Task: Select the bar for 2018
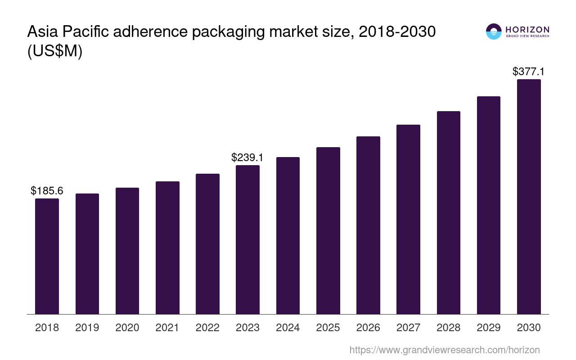click(47, 256)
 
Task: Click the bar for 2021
click(167, 247)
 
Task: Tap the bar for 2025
click(328, 230)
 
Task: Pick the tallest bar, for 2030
click(529, 197)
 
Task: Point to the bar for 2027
click(408, 219)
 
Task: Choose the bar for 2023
click(247, 239)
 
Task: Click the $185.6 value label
click(47, 191)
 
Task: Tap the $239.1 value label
click(247, 157)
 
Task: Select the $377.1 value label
click(528, 72)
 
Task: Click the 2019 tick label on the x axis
click(87, 328)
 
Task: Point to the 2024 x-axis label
click(288, 328)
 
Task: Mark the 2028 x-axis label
click(448, 328)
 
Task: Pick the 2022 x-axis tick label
click(207, 328)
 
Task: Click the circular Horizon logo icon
click(494, 31)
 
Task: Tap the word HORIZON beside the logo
click(527, 29)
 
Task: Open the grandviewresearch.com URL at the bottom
click(444, 350)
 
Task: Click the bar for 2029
click(489, 205)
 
